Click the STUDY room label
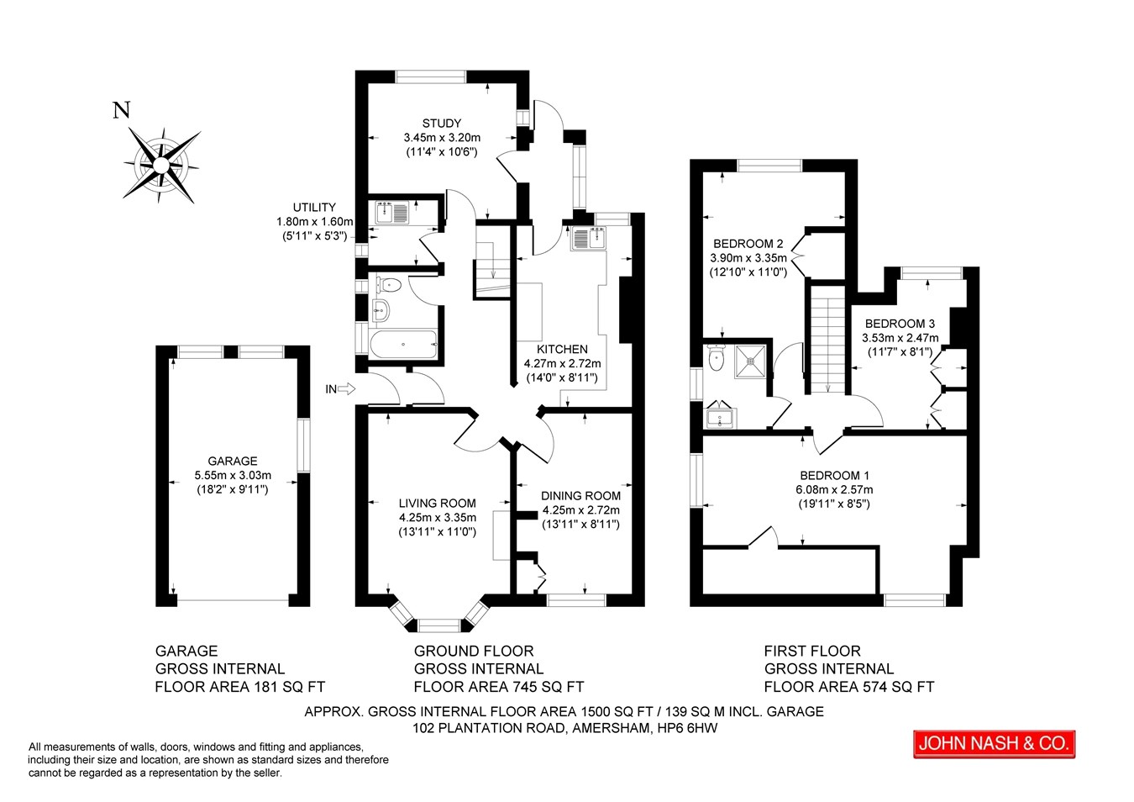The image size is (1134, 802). coord(442,123)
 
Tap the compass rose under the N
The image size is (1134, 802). coord(161,165)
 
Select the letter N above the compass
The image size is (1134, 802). coord(122,110)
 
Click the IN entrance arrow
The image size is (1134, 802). coord(346,388)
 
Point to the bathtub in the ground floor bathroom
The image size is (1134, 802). coord(403,345)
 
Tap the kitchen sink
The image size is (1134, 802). coord(588,238)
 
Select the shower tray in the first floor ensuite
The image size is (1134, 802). coord(750,361)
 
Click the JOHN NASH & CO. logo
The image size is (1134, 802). coord(994,744)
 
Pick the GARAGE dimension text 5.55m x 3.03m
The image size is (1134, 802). coord(233,475)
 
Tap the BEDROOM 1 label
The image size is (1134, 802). coord(834,475)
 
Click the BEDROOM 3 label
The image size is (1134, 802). coord(900,323)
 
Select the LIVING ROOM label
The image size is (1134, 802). coord(438,503)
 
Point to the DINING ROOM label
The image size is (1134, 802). coord(580,496)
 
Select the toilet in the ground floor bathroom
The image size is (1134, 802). coord(389,285)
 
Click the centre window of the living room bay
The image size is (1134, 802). coord(439,625)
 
